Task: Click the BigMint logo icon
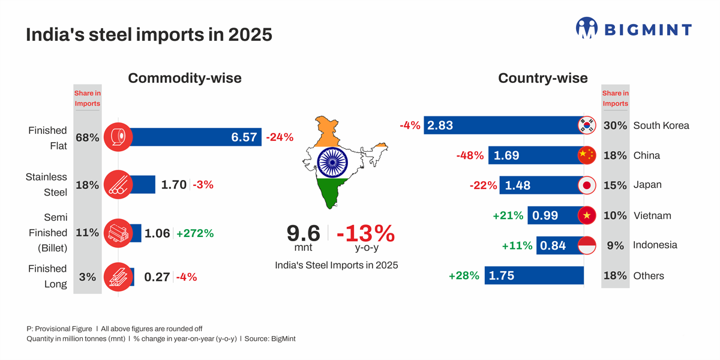pos(587,28)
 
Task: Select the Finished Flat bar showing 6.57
pos(192,137)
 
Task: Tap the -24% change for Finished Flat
pos(280,137)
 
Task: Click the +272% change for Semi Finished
pos(195,233)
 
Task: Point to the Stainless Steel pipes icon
pos(118,185)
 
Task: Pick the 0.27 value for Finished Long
pos(157,277)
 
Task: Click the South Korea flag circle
pos(586,125)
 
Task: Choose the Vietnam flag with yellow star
pos(586,215)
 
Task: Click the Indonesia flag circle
pos(586,245)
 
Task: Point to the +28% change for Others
pos(464,276)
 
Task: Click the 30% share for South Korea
pos(615,126)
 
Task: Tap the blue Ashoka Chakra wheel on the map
pos(332,162)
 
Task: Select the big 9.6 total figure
pos(304,233)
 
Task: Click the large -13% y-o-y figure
pos(365,233)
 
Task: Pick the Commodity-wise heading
pos(185,78)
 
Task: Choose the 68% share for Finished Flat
pos(87,137)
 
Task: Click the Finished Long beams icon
pos(118,277)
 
